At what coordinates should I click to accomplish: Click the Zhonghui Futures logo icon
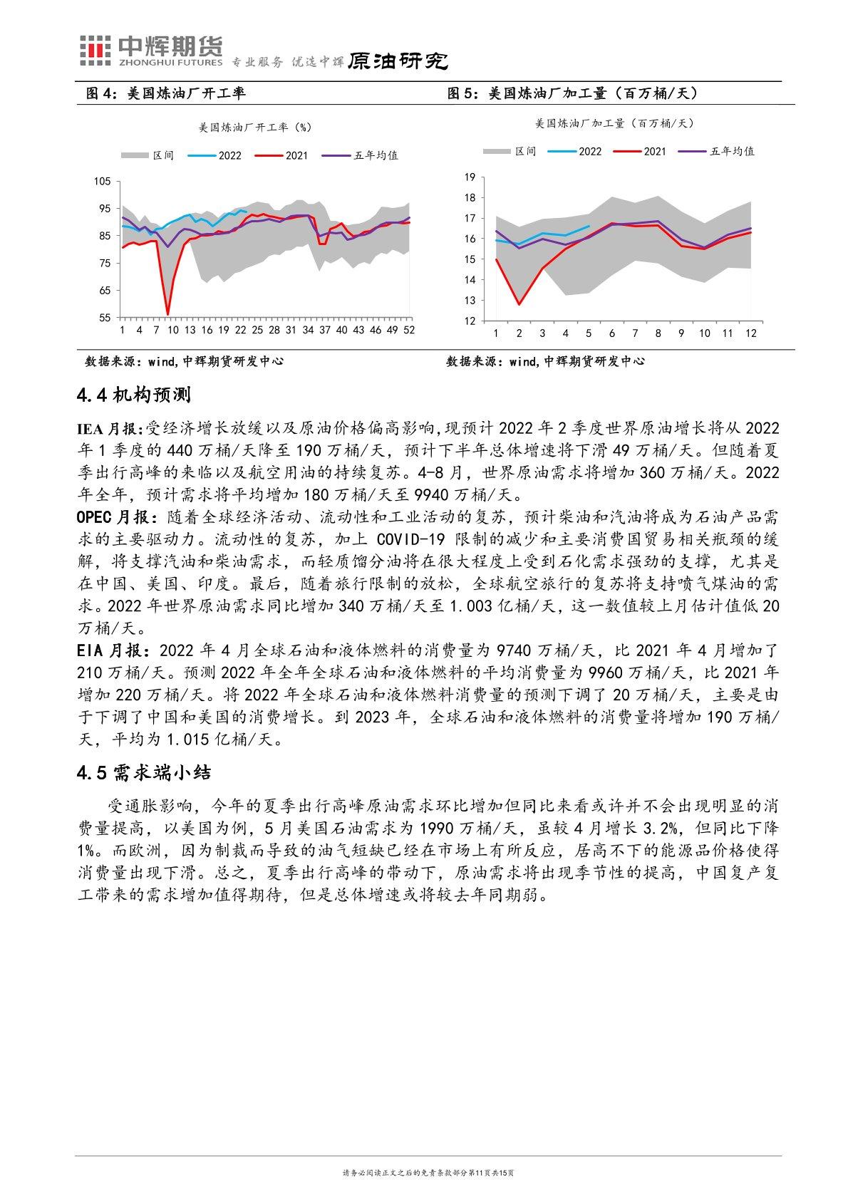(95, 48)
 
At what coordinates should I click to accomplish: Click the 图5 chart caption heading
(571, 93)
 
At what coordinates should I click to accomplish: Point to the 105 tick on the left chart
(103, 181)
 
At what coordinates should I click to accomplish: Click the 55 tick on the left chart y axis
(105, 318)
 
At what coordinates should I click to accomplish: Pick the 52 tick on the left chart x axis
(409, 331)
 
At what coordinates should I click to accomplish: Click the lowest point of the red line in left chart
(167, 314)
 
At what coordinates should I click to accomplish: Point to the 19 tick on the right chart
(470, 177)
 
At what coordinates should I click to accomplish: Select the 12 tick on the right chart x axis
(750, 333)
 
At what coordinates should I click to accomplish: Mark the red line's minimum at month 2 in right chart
(519, 304)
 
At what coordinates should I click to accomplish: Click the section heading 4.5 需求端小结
(143, 772)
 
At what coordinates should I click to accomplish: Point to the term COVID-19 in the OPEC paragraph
(413, 539)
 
